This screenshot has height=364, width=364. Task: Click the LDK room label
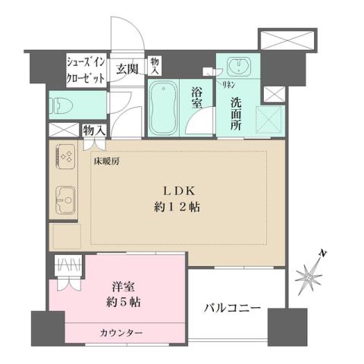pyautogui.click(x=181, y=191)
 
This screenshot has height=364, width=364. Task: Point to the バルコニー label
pyautogui.click(x=232, y=309)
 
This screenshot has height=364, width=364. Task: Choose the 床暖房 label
pyautogui.click(x=107, y=162)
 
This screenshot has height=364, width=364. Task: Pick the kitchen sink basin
pyautogui.click(x=64, y=199)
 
